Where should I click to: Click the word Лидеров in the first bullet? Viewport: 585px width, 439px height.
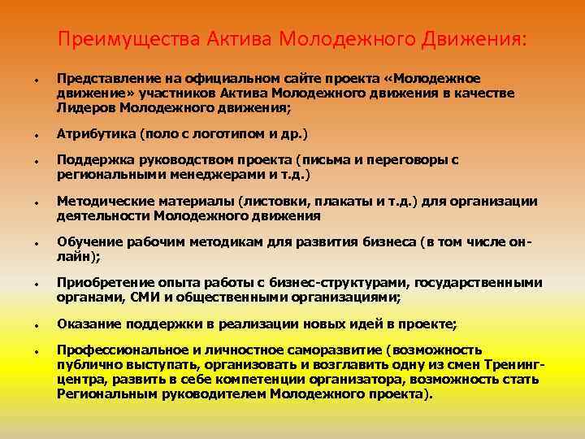[84, 106]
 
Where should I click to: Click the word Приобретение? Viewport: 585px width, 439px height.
[102, 283]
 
